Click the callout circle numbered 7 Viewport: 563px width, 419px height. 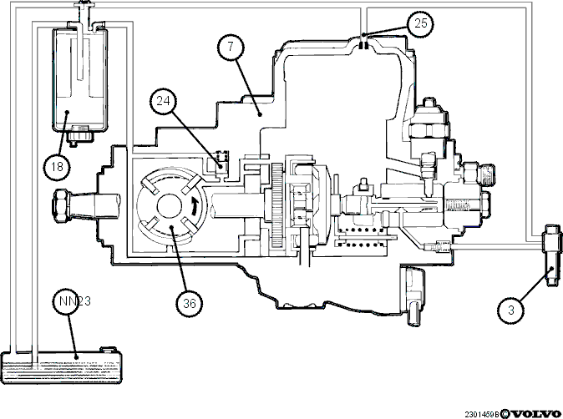231,48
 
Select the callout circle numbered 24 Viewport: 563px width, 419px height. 164,101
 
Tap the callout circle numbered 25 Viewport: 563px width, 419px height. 420,23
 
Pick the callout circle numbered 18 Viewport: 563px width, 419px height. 57,167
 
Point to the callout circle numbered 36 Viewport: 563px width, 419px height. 190,304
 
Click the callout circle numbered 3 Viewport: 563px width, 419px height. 511,310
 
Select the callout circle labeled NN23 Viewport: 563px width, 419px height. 67,301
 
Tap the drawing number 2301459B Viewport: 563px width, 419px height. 482,414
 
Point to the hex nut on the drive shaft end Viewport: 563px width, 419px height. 59,206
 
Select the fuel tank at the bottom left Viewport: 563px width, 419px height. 62,367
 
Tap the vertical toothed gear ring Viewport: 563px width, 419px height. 277,204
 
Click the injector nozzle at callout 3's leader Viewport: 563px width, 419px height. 553,255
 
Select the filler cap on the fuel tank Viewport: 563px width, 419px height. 108,350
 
